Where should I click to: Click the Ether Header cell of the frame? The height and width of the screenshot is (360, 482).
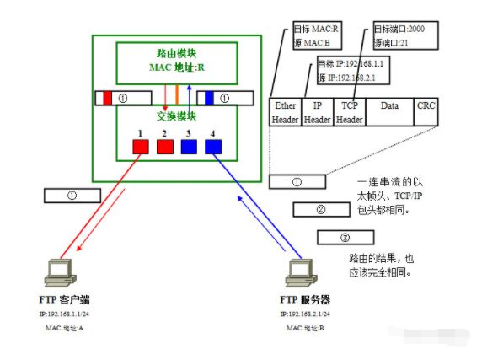pos(285,113)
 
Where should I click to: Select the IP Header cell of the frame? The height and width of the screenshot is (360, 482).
pos(317,113)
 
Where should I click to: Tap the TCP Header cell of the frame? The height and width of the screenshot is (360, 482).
pos(349,113)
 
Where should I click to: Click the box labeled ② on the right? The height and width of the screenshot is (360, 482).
pos(320,208)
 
